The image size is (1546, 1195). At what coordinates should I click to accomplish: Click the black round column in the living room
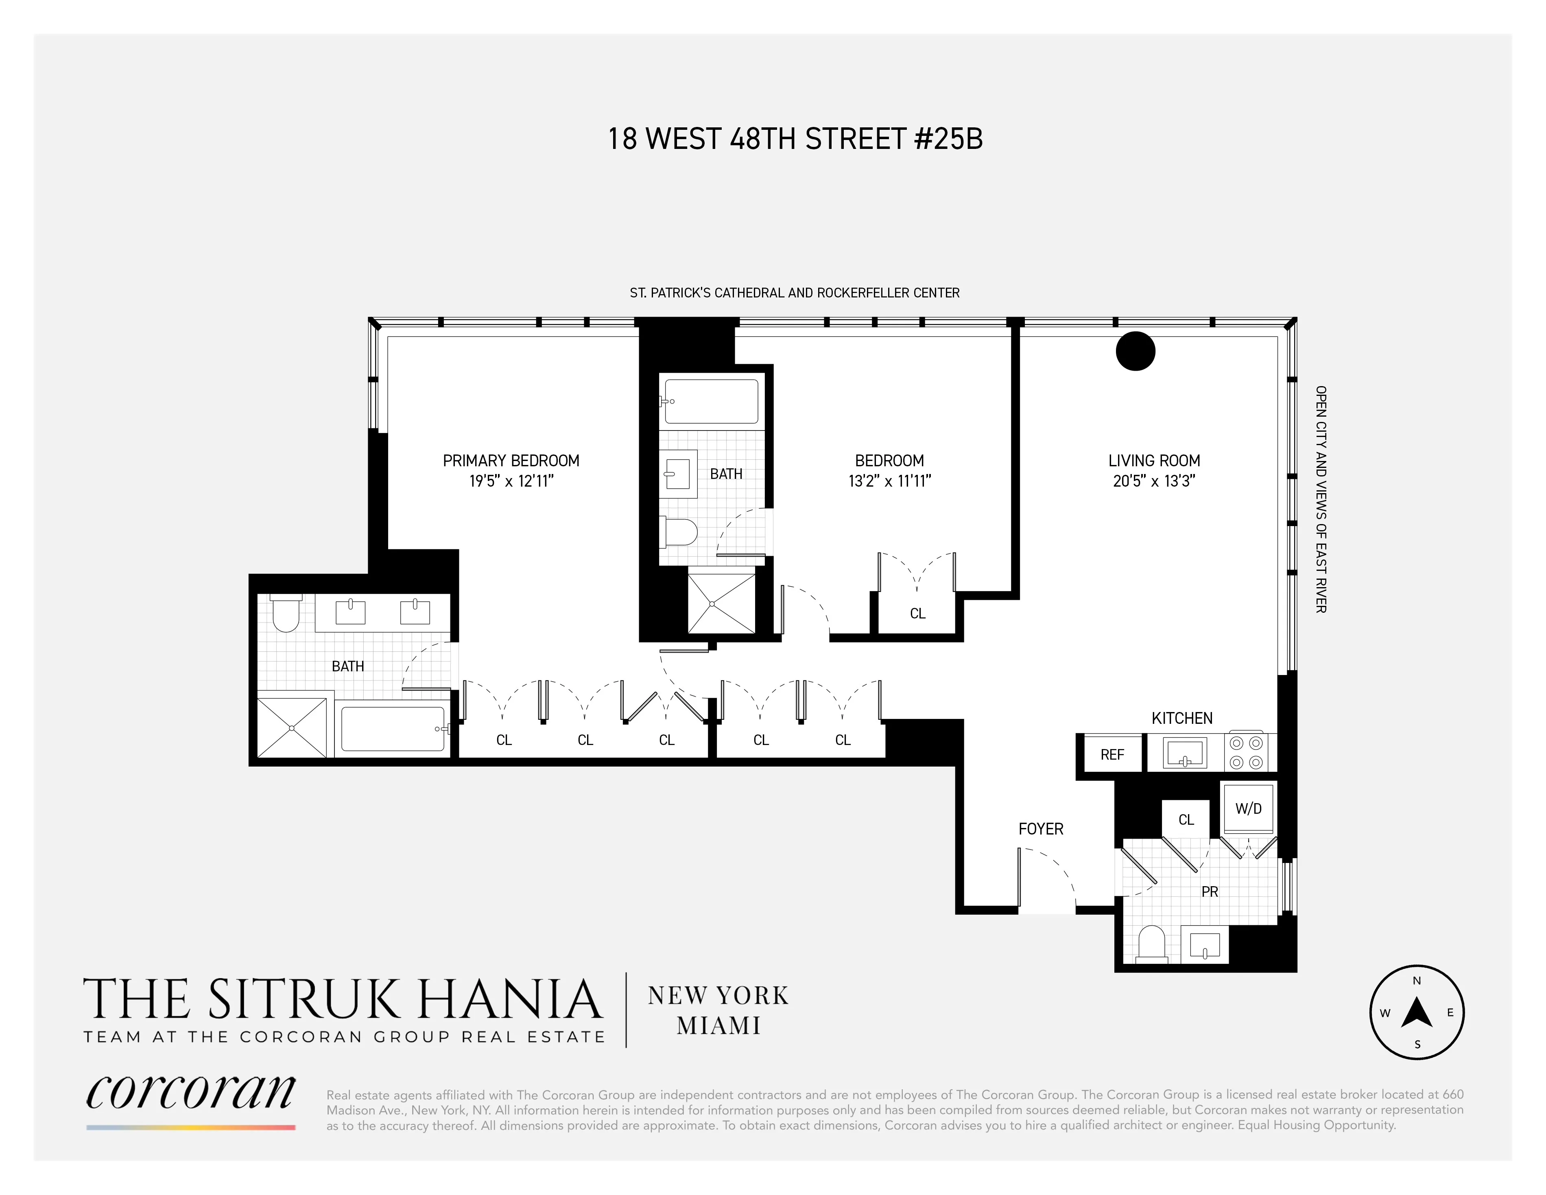[1135, 351]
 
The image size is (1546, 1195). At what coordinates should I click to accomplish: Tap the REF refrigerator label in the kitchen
[1112, 755]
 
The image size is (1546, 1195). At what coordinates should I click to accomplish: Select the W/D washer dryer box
[1249, 808]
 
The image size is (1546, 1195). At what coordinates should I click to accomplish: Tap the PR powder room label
[1210, 892]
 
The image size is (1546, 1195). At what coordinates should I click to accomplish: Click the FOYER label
[1041, 829]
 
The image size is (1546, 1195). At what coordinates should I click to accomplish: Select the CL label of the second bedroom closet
[917, 614]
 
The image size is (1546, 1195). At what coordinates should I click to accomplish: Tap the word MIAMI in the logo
[718, 1026]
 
